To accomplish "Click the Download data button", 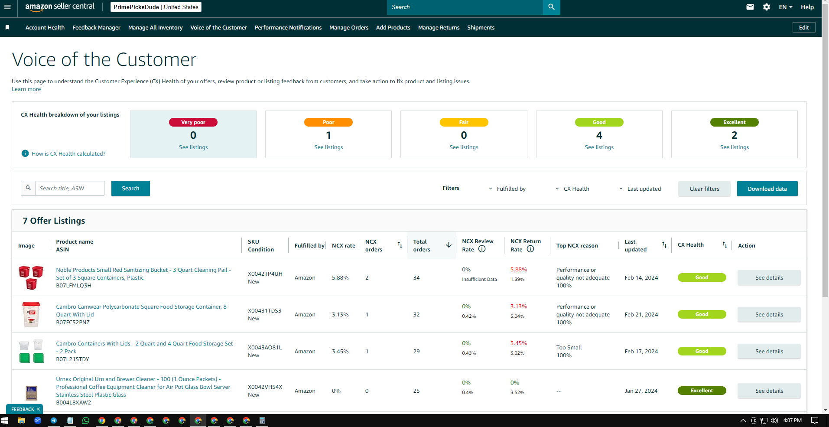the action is (x=767, y=189).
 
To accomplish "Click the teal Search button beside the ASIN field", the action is (x=130, y=188).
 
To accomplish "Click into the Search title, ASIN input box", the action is (x=70, y=188).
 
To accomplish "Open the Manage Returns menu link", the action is (x=439, y=27).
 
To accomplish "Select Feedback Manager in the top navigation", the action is (x=96, y=27).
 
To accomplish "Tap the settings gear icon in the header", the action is (x=767, y=7).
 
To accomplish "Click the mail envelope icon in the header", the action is (x=750, y=7).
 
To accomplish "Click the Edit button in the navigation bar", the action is (x=804, y=27).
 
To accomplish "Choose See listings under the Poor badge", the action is (x=328, y=147).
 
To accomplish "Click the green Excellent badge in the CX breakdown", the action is (x=734, y=122).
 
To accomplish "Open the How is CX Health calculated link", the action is (x=68, y=153).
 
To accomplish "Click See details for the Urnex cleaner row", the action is (x=769, y=391).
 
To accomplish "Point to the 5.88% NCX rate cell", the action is (x=340, y=278).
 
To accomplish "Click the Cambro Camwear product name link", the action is (x=141, y=310).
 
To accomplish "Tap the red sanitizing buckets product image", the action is (x=31, y=277).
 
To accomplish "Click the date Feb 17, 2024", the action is (x=641, y=351).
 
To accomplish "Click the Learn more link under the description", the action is (x=26, y=89).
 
